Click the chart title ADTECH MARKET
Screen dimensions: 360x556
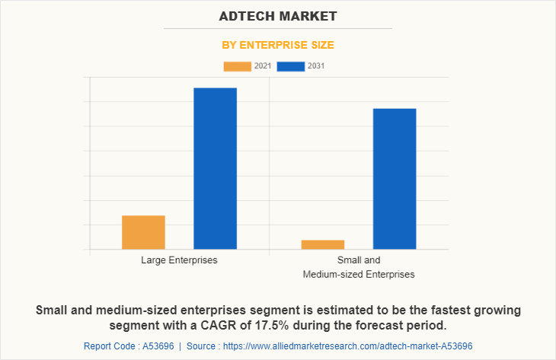pos(277,16)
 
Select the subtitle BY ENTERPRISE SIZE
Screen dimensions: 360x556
pos(277,45)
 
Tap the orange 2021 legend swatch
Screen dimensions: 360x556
pos(237,66)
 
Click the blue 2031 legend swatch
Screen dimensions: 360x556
pos(291,66)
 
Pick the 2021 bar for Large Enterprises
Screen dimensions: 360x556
pos(143,232)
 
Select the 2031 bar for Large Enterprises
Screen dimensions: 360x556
pos(215,168)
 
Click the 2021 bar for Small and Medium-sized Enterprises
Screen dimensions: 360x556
pos(322,244)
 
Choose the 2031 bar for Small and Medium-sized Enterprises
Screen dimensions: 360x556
pos(395,179)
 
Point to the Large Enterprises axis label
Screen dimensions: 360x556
pos(179,260)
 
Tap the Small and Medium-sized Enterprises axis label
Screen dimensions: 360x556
pos(359,267)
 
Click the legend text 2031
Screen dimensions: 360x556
pos(316,66)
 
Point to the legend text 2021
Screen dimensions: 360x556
pos(263,66)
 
